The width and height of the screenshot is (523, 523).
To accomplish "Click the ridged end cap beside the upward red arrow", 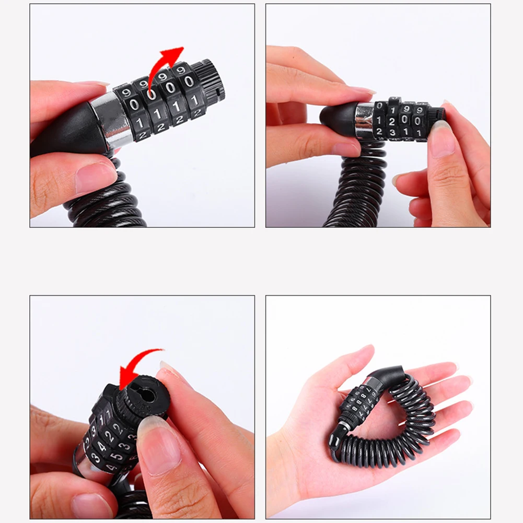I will click(x=212, y=81).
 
